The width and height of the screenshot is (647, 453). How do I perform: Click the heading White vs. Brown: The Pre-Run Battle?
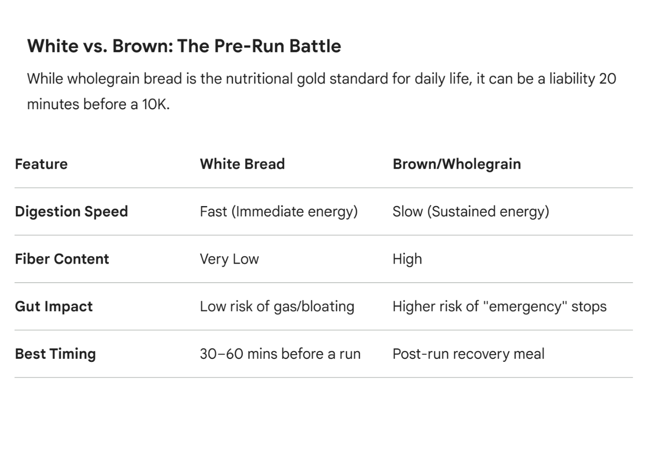tap(184, 46)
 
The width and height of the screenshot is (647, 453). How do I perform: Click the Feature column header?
tap(41, 164)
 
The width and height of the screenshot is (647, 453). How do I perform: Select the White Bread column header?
tap(242, 164)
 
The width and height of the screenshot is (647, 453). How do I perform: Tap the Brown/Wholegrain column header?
tap(457, 165)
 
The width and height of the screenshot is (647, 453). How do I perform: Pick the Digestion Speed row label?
tap(71, 212)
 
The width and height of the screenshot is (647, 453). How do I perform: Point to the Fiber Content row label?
tap(62, 259)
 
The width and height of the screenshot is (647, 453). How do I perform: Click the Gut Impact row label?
tap(54, 306)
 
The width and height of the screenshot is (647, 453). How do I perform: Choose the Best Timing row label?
tap(55, 354)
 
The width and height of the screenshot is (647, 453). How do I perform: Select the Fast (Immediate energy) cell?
tap(279, 212)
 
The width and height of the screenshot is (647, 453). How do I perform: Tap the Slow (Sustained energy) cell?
tap(471, 212)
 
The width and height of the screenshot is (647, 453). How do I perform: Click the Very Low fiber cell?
tap(229, 259)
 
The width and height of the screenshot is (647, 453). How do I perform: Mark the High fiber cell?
tap(407, 259)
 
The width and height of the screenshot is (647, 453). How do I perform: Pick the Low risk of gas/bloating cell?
tap(277, 306)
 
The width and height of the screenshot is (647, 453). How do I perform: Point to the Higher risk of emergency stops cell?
tap(499, 306)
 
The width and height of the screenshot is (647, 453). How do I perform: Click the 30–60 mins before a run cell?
tap(280, 354)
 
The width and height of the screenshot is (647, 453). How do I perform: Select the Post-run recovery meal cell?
tap(468, 354)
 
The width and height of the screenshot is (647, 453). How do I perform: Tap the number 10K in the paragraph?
tap(156, 104)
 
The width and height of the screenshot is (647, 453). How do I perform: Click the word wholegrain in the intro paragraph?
tap(104, 79)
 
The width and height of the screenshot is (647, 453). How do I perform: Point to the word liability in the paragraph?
tap(572, 79)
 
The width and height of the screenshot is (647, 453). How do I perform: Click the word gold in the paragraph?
tap(312, 79)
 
